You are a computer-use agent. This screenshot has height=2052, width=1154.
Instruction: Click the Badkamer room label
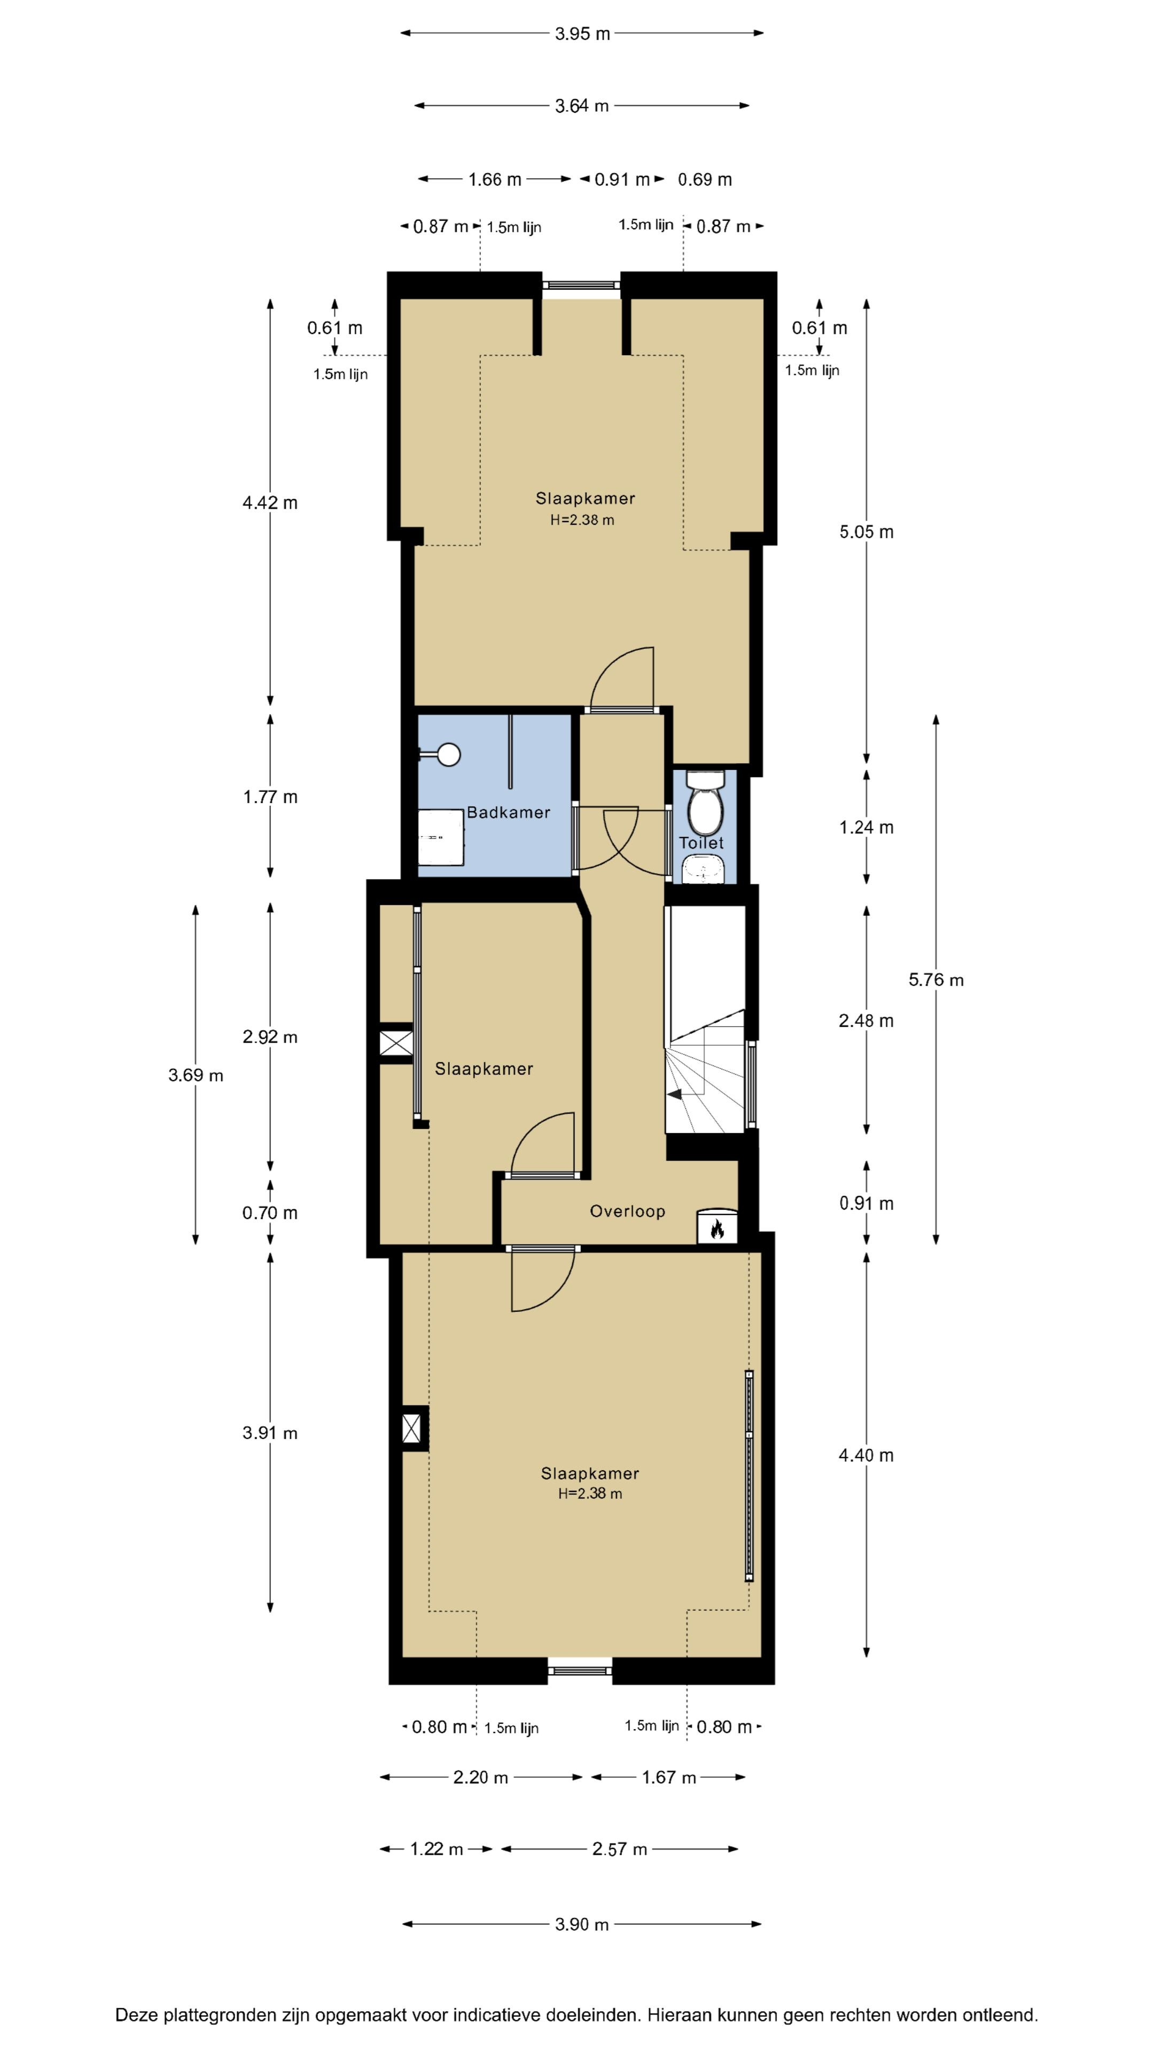point(508,812)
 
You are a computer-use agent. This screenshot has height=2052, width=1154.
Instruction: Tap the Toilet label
point(701,843)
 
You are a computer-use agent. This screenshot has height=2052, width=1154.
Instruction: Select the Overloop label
point(627,1211)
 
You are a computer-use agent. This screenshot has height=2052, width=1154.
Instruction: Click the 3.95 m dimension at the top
point(582,34)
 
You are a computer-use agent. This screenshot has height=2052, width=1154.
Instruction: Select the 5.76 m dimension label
point(936,980)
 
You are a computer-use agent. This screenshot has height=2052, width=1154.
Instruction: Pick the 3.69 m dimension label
point(195,1075)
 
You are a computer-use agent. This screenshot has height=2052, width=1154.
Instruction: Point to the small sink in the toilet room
point(703,869)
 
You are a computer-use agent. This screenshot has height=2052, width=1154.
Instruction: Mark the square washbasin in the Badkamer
point(441,837)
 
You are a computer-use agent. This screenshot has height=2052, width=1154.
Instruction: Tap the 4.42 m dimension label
point(270,503)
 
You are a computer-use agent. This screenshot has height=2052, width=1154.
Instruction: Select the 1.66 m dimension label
point(495,179)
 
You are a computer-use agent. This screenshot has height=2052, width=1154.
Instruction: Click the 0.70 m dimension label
point(270,1213)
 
